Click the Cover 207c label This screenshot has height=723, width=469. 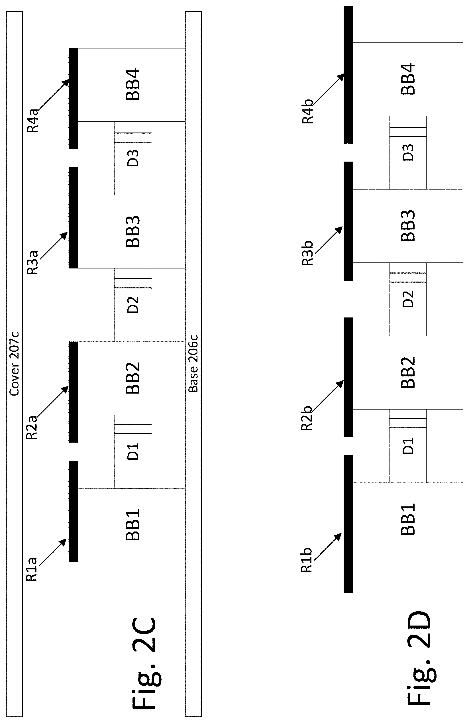point(14,364)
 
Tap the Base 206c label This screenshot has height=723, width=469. point(193,363)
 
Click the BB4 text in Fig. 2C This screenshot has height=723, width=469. point(133,84)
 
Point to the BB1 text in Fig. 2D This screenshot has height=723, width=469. point(408,519)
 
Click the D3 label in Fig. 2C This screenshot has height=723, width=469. point(133,158)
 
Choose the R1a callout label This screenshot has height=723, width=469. point(32,570)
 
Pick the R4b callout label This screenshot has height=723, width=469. point(307,111)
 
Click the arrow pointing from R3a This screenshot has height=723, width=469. point(54,246)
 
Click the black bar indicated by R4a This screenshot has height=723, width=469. point(73,98)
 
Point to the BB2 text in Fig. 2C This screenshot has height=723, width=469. point(133,378)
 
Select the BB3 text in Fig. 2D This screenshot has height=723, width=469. point(408,226)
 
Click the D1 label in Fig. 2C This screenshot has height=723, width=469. point(133,451)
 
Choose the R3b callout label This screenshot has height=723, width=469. point(307,253)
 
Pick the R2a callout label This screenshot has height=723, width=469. point(32,427)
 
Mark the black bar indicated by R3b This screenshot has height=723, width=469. point(348,221)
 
